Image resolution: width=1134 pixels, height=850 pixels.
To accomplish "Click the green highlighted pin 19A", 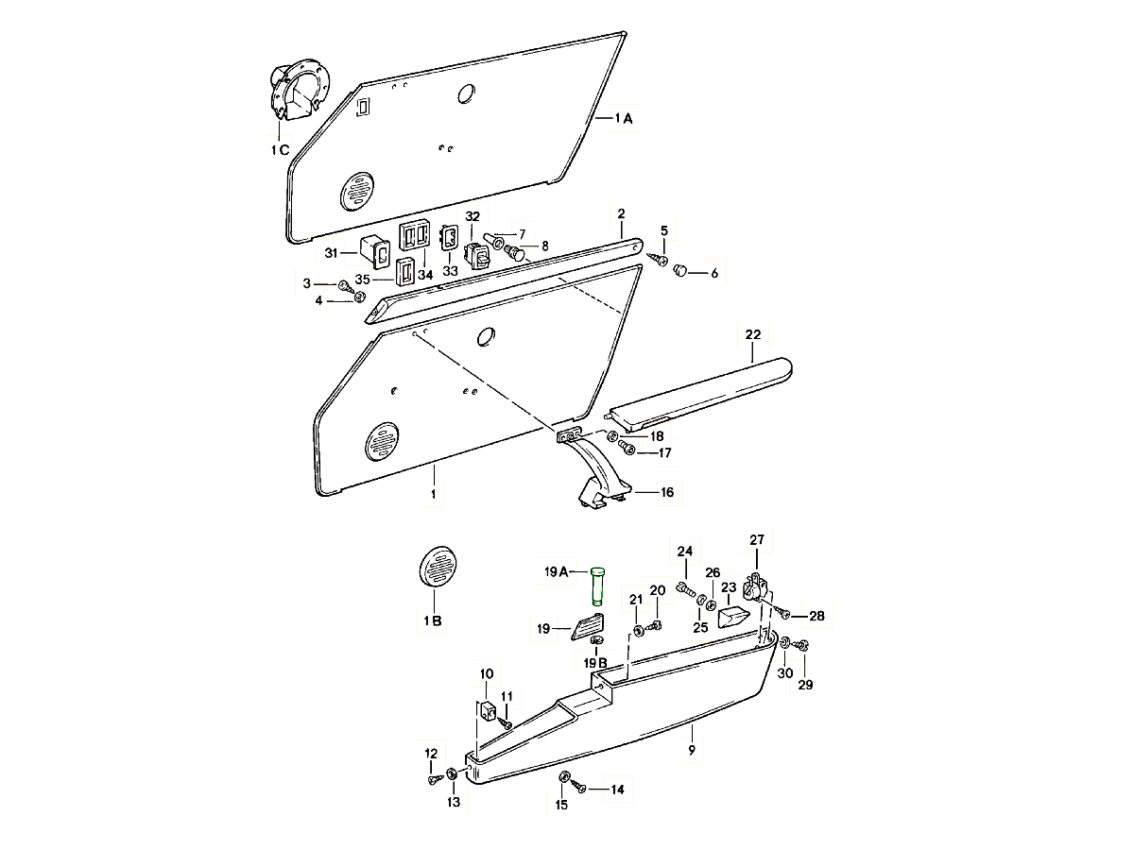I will click(597, 585).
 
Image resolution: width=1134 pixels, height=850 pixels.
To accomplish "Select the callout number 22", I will click(752, 335).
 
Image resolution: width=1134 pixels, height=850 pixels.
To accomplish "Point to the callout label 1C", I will click(279, 150).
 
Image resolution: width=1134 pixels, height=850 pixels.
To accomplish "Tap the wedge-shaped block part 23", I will click(732, 617).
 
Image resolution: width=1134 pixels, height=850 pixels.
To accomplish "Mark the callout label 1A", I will click(624, 119).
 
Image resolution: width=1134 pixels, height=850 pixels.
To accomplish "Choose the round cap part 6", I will click(680, 272).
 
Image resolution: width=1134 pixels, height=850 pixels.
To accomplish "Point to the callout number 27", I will click(756, 540).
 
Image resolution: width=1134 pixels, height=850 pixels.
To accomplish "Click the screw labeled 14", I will click(580, 787).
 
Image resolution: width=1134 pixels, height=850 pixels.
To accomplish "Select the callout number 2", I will click(621, 213).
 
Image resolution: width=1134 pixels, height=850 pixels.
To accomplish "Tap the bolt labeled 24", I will click(686, 591).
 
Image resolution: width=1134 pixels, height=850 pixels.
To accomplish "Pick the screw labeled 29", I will click(802, 645).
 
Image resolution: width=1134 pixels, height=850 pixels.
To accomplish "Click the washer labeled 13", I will click(453, 774).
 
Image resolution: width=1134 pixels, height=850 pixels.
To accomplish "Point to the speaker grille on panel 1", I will click(383, 442).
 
